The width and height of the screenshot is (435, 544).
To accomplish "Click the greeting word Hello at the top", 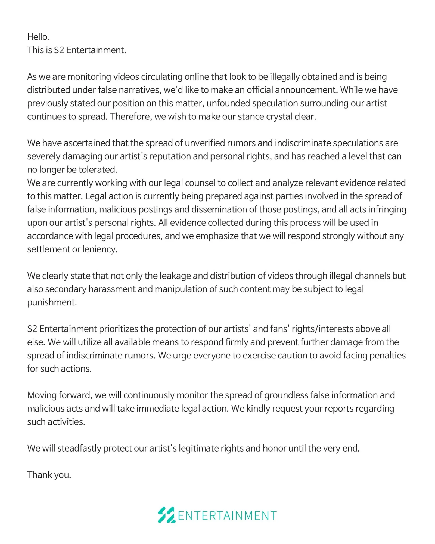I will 38,37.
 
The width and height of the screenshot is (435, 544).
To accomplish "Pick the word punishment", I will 52,302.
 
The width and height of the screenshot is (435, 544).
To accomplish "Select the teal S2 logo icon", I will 166,515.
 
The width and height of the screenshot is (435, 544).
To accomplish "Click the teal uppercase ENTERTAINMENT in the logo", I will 227,516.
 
